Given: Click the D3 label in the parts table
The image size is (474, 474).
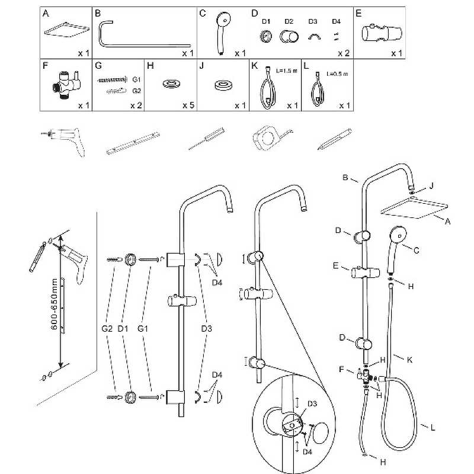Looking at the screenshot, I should [x=312, y=21].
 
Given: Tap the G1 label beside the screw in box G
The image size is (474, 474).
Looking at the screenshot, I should [x=136, y=79].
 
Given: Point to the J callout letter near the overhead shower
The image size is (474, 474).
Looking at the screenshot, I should [x=431, y=186].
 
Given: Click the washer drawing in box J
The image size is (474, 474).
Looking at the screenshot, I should [x=223, y=85].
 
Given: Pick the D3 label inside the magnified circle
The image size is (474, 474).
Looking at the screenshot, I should [x=312, y=404].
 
